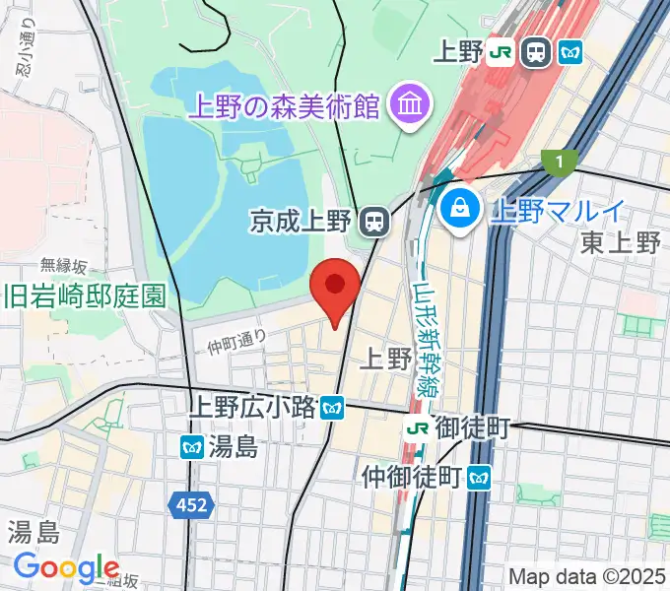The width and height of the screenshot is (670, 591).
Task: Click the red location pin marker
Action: coord(334,289)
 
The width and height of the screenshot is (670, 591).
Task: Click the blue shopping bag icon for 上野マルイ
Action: coord(458,208)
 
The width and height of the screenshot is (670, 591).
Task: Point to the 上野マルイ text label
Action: coord(558,209)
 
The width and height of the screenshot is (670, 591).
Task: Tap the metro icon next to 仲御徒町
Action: coord(480,479)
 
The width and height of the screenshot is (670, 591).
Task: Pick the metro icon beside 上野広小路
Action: coord(334,406)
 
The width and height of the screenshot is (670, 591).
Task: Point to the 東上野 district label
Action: coord(620,242)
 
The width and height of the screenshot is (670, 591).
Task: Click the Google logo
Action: coord(66,567)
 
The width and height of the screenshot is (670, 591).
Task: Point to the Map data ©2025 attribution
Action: coord(587,576)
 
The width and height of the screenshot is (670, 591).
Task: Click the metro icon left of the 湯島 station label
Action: coord(191,447)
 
